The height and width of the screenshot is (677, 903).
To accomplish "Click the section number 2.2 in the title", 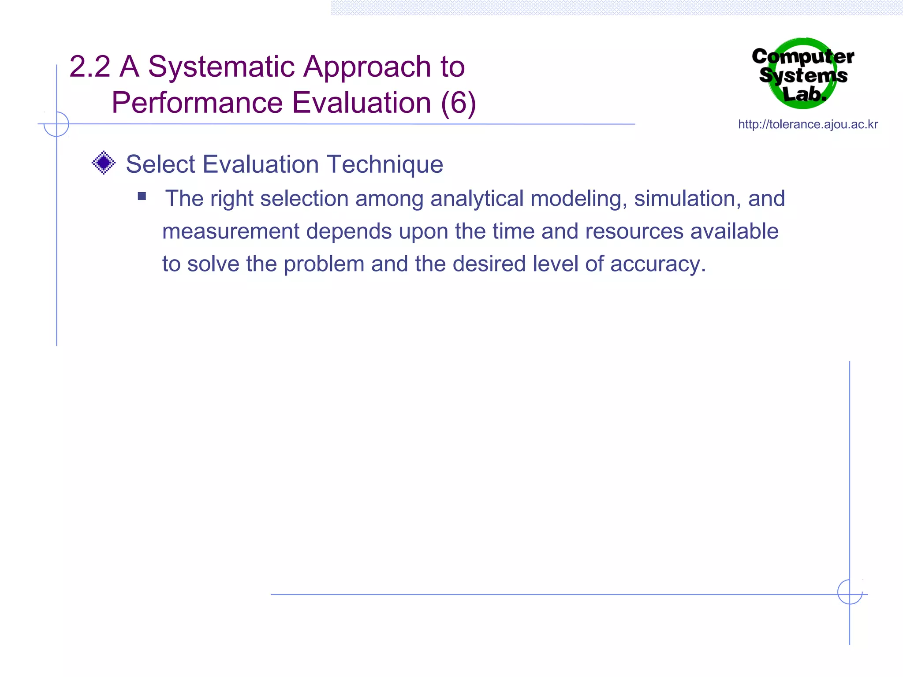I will point(90,67).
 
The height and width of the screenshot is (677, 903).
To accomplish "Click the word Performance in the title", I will point(197,103).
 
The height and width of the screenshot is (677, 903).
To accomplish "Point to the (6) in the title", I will point(458,103).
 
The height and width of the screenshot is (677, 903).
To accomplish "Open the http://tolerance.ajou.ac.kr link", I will point(808,124).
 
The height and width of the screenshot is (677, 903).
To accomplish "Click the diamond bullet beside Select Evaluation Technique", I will point(104,163).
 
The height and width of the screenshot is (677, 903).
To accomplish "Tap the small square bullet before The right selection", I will point(142,196).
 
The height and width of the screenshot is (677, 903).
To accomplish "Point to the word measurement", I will point(231,231).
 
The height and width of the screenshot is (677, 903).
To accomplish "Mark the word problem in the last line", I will point(324,264).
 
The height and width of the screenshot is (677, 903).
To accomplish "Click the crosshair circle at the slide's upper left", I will point(56,124).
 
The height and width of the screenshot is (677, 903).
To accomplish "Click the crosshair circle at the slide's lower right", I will point(850,592).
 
